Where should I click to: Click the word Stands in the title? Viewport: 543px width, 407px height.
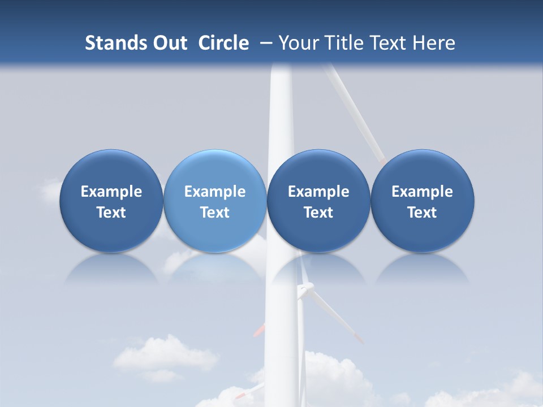pos(113,43)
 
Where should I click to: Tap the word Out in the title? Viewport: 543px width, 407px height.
pos(169,43)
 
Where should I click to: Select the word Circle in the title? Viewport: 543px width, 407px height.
pos(223,43)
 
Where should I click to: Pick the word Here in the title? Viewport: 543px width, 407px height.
pos(434,43)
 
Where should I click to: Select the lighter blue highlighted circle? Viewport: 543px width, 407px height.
pos(215,201)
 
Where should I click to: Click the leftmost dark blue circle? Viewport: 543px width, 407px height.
pos(111,201)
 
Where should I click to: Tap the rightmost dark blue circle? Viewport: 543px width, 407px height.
pos(422,201)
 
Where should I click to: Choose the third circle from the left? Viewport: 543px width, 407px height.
pos(318,201)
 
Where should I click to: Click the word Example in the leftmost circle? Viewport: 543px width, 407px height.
pos(111,192)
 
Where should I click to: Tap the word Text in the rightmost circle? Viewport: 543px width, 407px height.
pos(422,213)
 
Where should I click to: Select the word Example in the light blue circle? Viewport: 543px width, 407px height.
pos(215,192)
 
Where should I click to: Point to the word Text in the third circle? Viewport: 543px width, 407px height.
pos(318,213)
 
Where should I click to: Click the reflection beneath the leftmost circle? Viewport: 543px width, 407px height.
pos(111,270)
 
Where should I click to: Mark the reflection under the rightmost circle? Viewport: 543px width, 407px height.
pos(422,270)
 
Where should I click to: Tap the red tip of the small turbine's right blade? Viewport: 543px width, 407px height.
pos(359,339)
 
